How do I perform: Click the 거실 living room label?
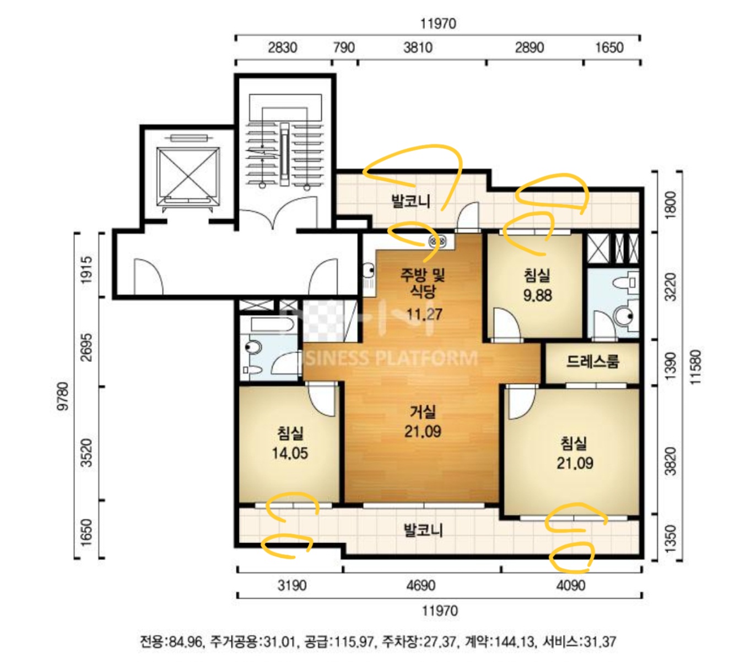[423, 412]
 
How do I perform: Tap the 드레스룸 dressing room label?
[592, 361]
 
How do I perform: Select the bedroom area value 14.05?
[290, 453]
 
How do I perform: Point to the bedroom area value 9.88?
[537, 295]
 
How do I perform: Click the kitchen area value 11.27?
[424, 314]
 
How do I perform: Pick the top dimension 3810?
[418, 47]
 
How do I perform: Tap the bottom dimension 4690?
[421, 585]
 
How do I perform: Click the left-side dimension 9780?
[63, 395]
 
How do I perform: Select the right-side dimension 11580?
[695, 367]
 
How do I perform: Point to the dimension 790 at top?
[344, 47]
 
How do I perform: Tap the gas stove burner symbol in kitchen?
[438, 242]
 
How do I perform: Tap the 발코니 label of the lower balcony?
[423, 530]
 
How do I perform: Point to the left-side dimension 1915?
[86, 269]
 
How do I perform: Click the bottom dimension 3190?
[292, 585]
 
